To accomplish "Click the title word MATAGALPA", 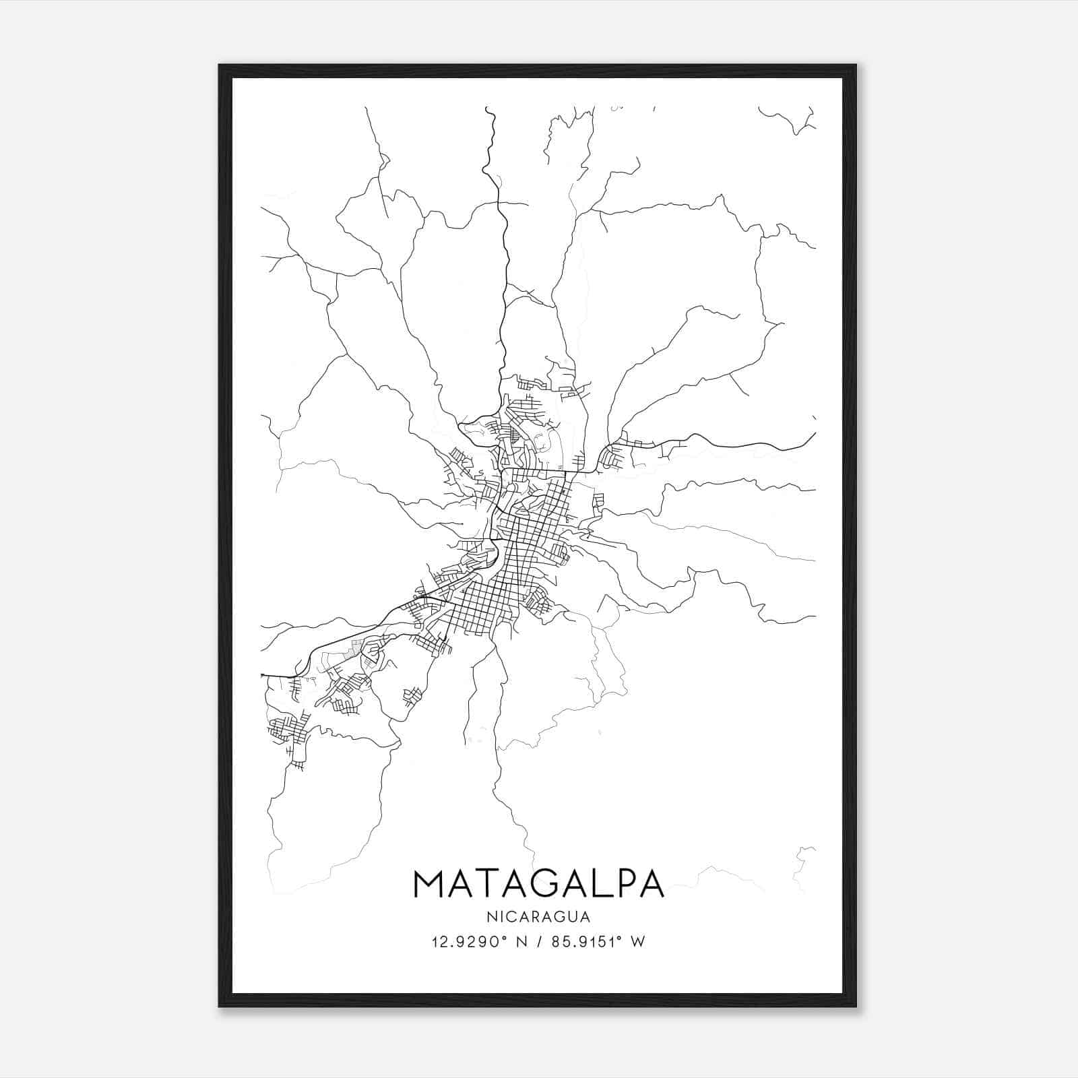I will click(538, 883).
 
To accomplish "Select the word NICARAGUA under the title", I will click(538, 916).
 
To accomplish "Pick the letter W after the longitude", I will click(639, 942).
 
